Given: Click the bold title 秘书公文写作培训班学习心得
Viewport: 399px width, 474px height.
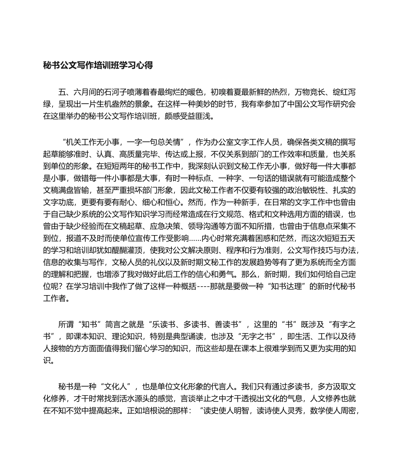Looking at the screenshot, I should (98, 65).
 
